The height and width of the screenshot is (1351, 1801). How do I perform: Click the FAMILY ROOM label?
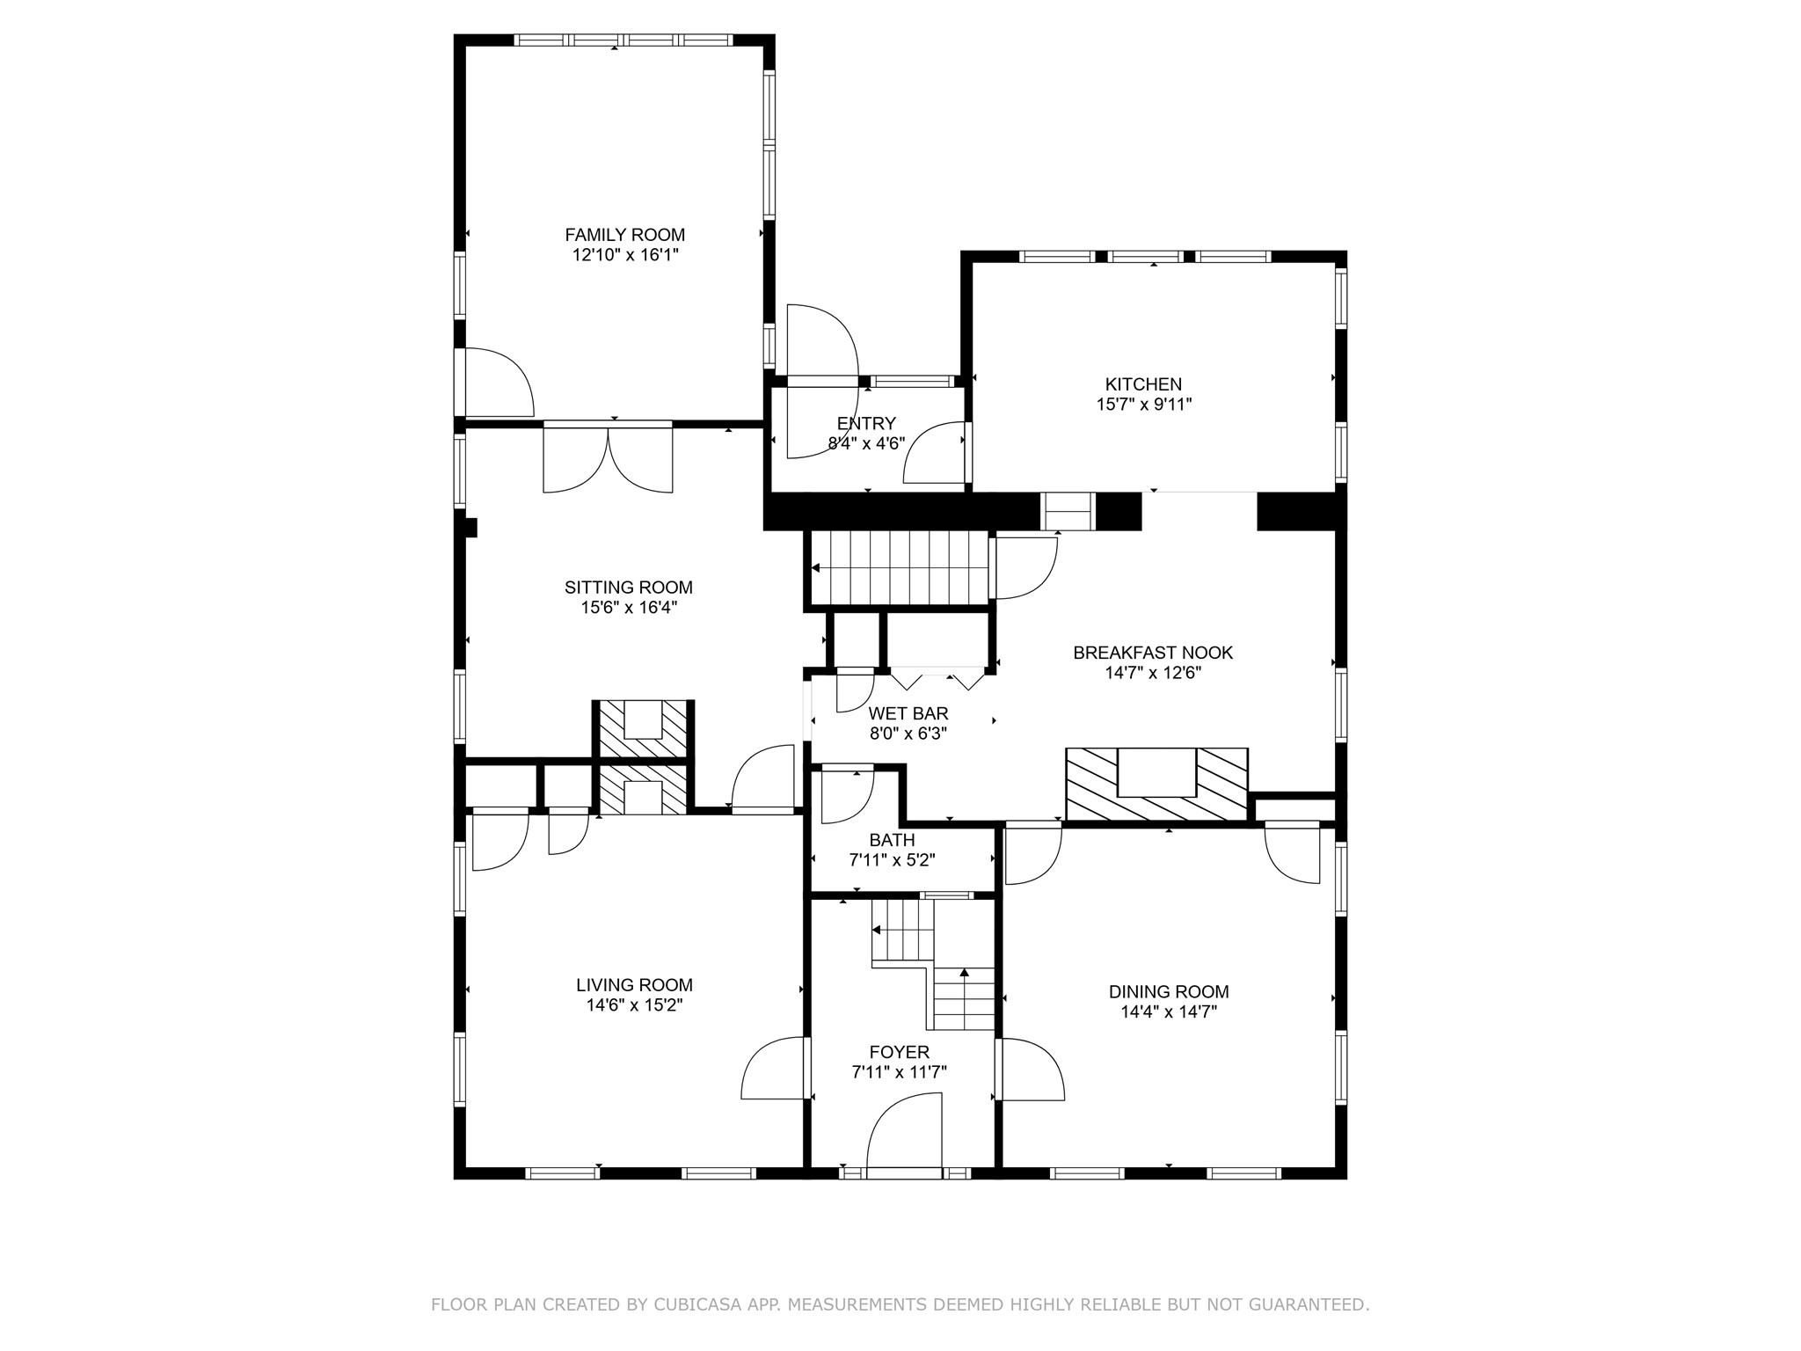(x=624, y=235)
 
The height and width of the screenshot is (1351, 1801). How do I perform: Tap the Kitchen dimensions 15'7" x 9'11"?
(x=1143, y=405)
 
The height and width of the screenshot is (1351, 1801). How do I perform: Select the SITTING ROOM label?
(x=628, y=588)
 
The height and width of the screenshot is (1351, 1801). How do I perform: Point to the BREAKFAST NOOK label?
(x=1152, y=653)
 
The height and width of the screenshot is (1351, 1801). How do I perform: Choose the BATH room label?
(x=892, y=840)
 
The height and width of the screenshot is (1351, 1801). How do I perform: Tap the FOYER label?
(x=899, y=1052)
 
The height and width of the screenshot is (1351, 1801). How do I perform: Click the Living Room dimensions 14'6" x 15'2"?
(x=634, y=1005)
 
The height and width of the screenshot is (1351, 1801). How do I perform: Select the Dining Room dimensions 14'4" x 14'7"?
(x=1168, y=1011)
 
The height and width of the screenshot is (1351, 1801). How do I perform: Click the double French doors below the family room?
(x=608, y=457)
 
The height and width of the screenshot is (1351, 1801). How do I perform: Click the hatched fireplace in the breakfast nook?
(x=1156, y=785)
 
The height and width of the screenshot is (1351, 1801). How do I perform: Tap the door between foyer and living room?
(x=774, y=1068)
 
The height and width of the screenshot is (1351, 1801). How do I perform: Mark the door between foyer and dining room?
(x=1031, y=1069)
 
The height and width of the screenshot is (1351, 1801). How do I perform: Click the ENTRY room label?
(x=866, y=423)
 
